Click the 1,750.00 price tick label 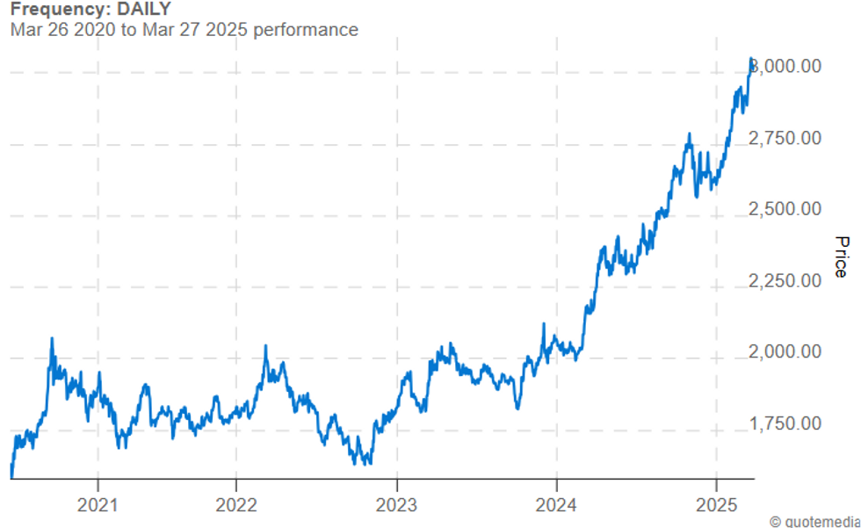click(x=786, y=423)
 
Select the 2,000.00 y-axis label click(x=786, y=351)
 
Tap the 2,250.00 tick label click(x=786, y=280)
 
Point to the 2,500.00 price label click(x=786, y=209)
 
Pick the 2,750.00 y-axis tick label click(x=786, y=138)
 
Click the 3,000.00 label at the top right click(x=788, y=67)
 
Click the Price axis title click(x=841, y=257)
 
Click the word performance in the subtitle click(x=306, y=29)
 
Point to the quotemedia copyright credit click(x=814, y=521)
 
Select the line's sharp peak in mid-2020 click(x=52, y=338)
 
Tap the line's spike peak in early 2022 click(x=265, y=346)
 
